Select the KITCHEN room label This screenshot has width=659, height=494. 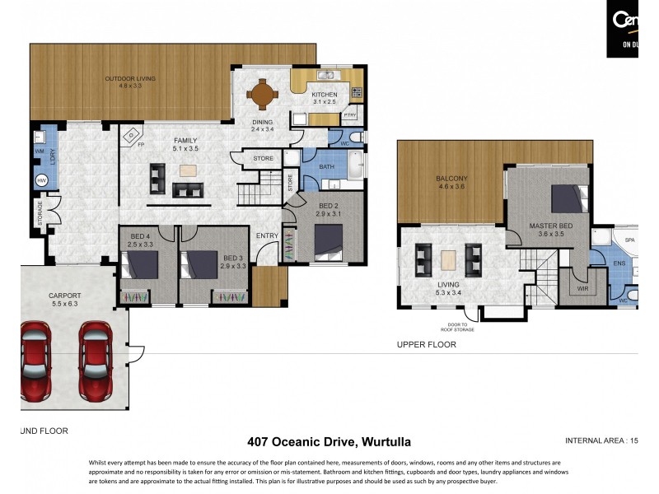pos(324,95)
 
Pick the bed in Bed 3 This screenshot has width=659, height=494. pos(200,264)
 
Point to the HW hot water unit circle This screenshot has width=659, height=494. pos(40,180)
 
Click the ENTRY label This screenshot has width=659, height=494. pos(267,236)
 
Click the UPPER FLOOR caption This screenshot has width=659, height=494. pos(426,345)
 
